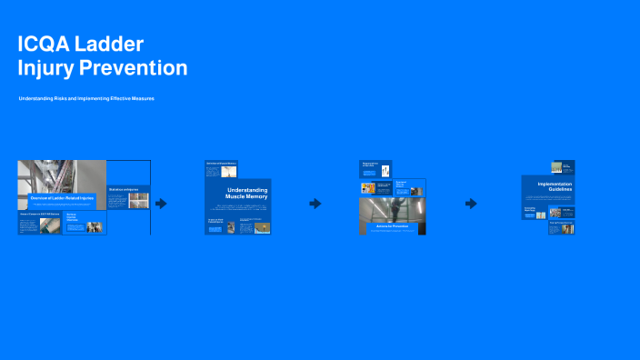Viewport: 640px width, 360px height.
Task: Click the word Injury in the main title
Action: [x=46, y=68]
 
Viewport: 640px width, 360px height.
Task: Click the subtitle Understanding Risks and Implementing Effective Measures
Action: [x=86, y=98]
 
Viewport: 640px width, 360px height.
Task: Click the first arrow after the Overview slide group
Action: [x=161, y=204]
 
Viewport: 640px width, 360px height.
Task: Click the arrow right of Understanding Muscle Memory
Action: [x=315, y=204]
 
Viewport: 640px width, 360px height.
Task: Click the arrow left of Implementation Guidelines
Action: [x=471, y=204]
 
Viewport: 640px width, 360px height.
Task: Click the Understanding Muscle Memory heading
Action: [x=247, y=194]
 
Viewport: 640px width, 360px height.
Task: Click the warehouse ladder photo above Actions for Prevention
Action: [x=395, y=209]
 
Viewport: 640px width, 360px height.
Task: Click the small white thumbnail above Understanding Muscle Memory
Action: [x=230, y=170]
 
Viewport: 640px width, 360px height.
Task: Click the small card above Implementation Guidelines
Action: [x=563, y=166]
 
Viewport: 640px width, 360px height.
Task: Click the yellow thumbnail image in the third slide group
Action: [x=368, y=188]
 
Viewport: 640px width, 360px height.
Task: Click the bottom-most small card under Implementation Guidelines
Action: [x=561, y=228]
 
